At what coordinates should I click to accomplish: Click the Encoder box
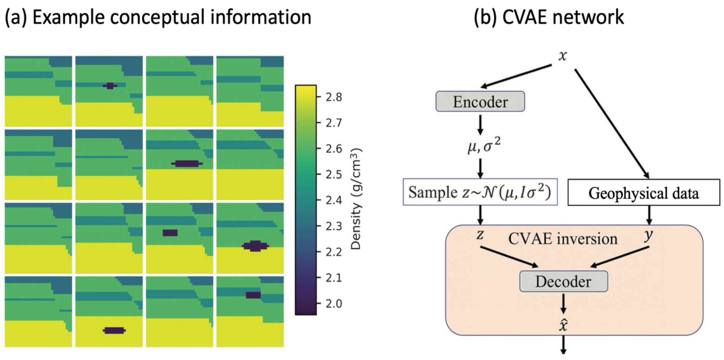[x=480, y=101]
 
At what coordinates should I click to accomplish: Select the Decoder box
[x=563, y=281]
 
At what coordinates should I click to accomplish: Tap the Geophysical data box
[x=644, y=192]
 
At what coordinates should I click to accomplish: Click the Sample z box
[x=480, y=192]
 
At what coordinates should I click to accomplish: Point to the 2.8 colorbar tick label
[x=334, y=97]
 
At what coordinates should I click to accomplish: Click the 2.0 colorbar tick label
[x=334, y=304]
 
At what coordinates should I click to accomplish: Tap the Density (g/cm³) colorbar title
[x=356, y=199]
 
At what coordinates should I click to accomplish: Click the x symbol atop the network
[x=563, y=56]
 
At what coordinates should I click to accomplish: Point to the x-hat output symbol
[x=563, y=325]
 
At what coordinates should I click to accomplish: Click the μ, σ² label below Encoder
[x=484, y=146]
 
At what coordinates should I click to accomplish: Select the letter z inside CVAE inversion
[x=480, y=235]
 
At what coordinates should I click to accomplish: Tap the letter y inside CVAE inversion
[x=648, y=235]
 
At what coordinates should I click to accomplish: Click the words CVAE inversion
[x=563, y=239]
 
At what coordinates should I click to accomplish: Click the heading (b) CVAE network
[x=548, y=17]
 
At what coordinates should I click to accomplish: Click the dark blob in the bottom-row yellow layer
[x=114, y=330]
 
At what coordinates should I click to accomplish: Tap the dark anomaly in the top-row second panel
[x=110, y=86]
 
